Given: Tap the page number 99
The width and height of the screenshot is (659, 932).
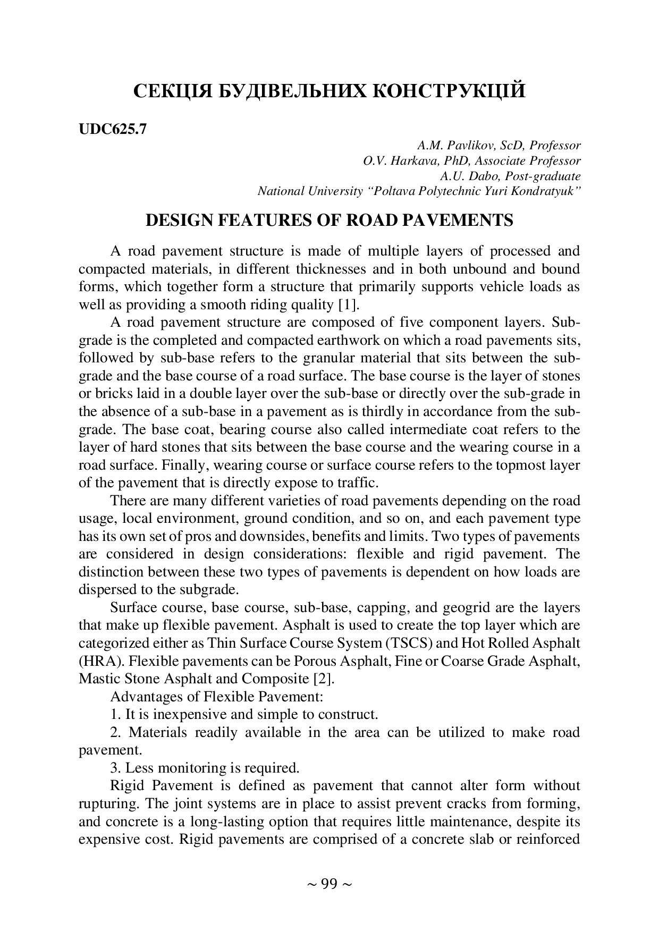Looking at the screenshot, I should (329, 884).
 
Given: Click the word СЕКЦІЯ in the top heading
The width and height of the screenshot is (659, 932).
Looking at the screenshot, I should (172, 91).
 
